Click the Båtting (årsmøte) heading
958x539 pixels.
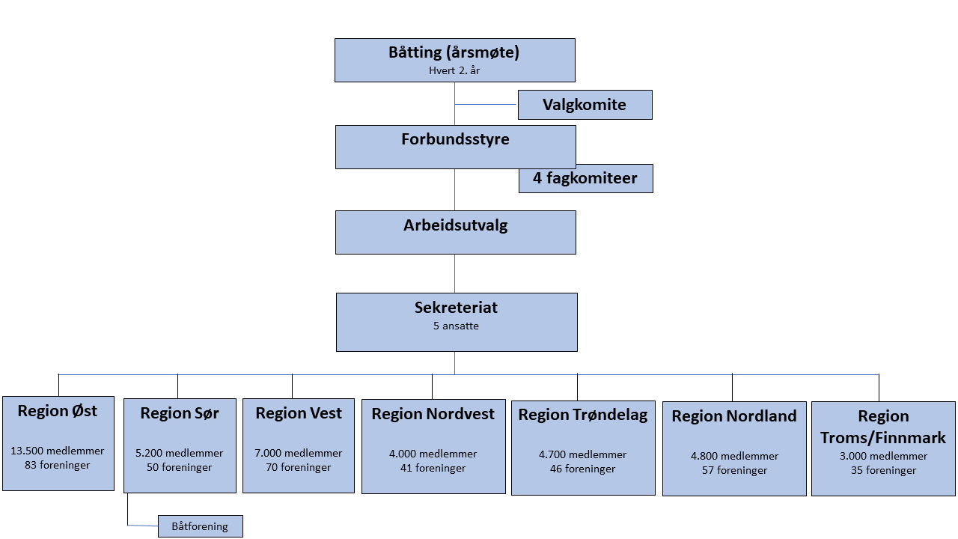tap(454, 52)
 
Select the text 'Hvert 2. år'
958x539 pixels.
tap(454, 70)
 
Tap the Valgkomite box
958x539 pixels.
tap(585, 105)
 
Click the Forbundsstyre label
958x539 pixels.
tap(455, 139)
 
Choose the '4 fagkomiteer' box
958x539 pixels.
tap(585, 178)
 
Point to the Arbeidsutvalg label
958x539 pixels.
tap(455, 225)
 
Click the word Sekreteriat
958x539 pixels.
tap(456, 308)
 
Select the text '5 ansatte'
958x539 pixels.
tap(456, 326)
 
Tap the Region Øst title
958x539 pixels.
tap(58, 410)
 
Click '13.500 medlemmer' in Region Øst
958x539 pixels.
tap(58, 451)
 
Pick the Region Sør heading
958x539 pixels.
tap(180, 413)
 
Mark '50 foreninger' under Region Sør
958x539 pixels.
tap(180, 468)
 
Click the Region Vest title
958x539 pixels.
tap(299, 413)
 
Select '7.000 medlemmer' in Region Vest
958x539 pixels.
tap(299, 453)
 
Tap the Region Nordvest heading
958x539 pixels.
tap(433, 414)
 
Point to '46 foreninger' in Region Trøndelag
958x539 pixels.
tap(583, 469)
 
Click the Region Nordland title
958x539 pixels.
tap(734, 416)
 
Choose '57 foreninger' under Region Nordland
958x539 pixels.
tap(734, 471)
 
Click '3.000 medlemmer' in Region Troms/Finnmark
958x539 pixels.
tap(883, 456)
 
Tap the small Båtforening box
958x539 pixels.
tap(200, 526)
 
